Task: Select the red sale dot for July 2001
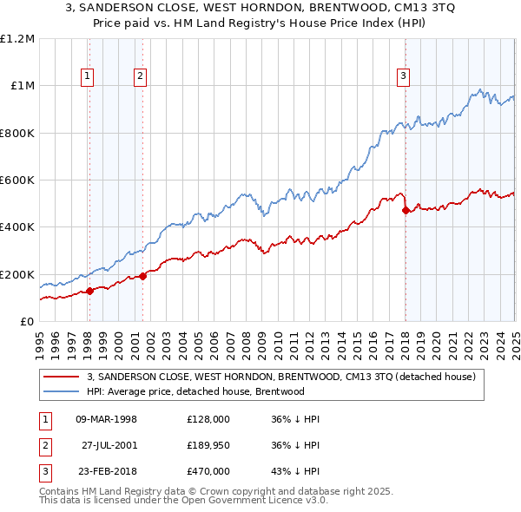[142, 277]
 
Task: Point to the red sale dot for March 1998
[89, 292]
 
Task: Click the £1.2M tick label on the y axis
[17, 39]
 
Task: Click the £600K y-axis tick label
[17, 181]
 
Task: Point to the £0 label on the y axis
[27, 322]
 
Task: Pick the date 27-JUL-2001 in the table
[111, 445]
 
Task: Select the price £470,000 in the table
[208, 471]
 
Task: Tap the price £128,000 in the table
[208, 419]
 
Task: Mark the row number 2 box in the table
[44, 445]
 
